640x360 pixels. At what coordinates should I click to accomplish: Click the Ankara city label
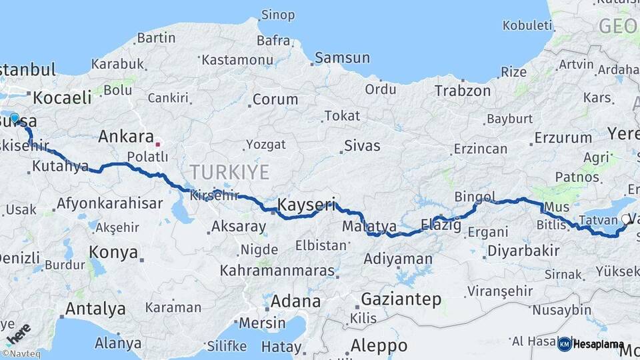click(x=126, y=137)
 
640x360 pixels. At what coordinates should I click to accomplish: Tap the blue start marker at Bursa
click(x=15, y=118)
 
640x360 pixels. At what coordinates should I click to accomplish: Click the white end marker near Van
click(x=625, y=219)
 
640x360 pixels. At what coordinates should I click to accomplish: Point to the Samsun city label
click(x=342, y=58)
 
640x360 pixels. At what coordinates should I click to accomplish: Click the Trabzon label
click(x=463, y=91)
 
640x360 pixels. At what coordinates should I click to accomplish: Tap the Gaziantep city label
click(x=401, y=299)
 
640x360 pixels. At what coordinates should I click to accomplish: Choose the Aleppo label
click(x=378, y=346)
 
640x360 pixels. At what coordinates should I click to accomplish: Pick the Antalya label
click(x=95, y=309)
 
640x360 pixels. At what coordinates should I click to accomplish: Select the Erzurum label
click(x=563, y=138)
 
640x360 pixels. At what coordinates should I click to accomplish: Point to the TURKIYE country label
click(x=229, y=173)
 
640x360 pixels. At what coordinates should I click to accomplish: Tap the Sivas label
click(x=362, y=145)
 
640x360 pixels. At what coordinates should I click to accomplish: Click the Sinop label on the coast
click(x=278, y=15)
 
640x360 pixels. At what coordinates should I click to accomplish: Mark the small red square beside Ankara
click(x=158, y=143)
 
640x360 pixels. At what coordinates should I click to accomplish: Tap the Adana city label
click(x=295, y=301)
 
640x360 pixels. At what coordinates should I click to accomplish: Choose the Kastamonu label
click(x=237, y=60)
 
